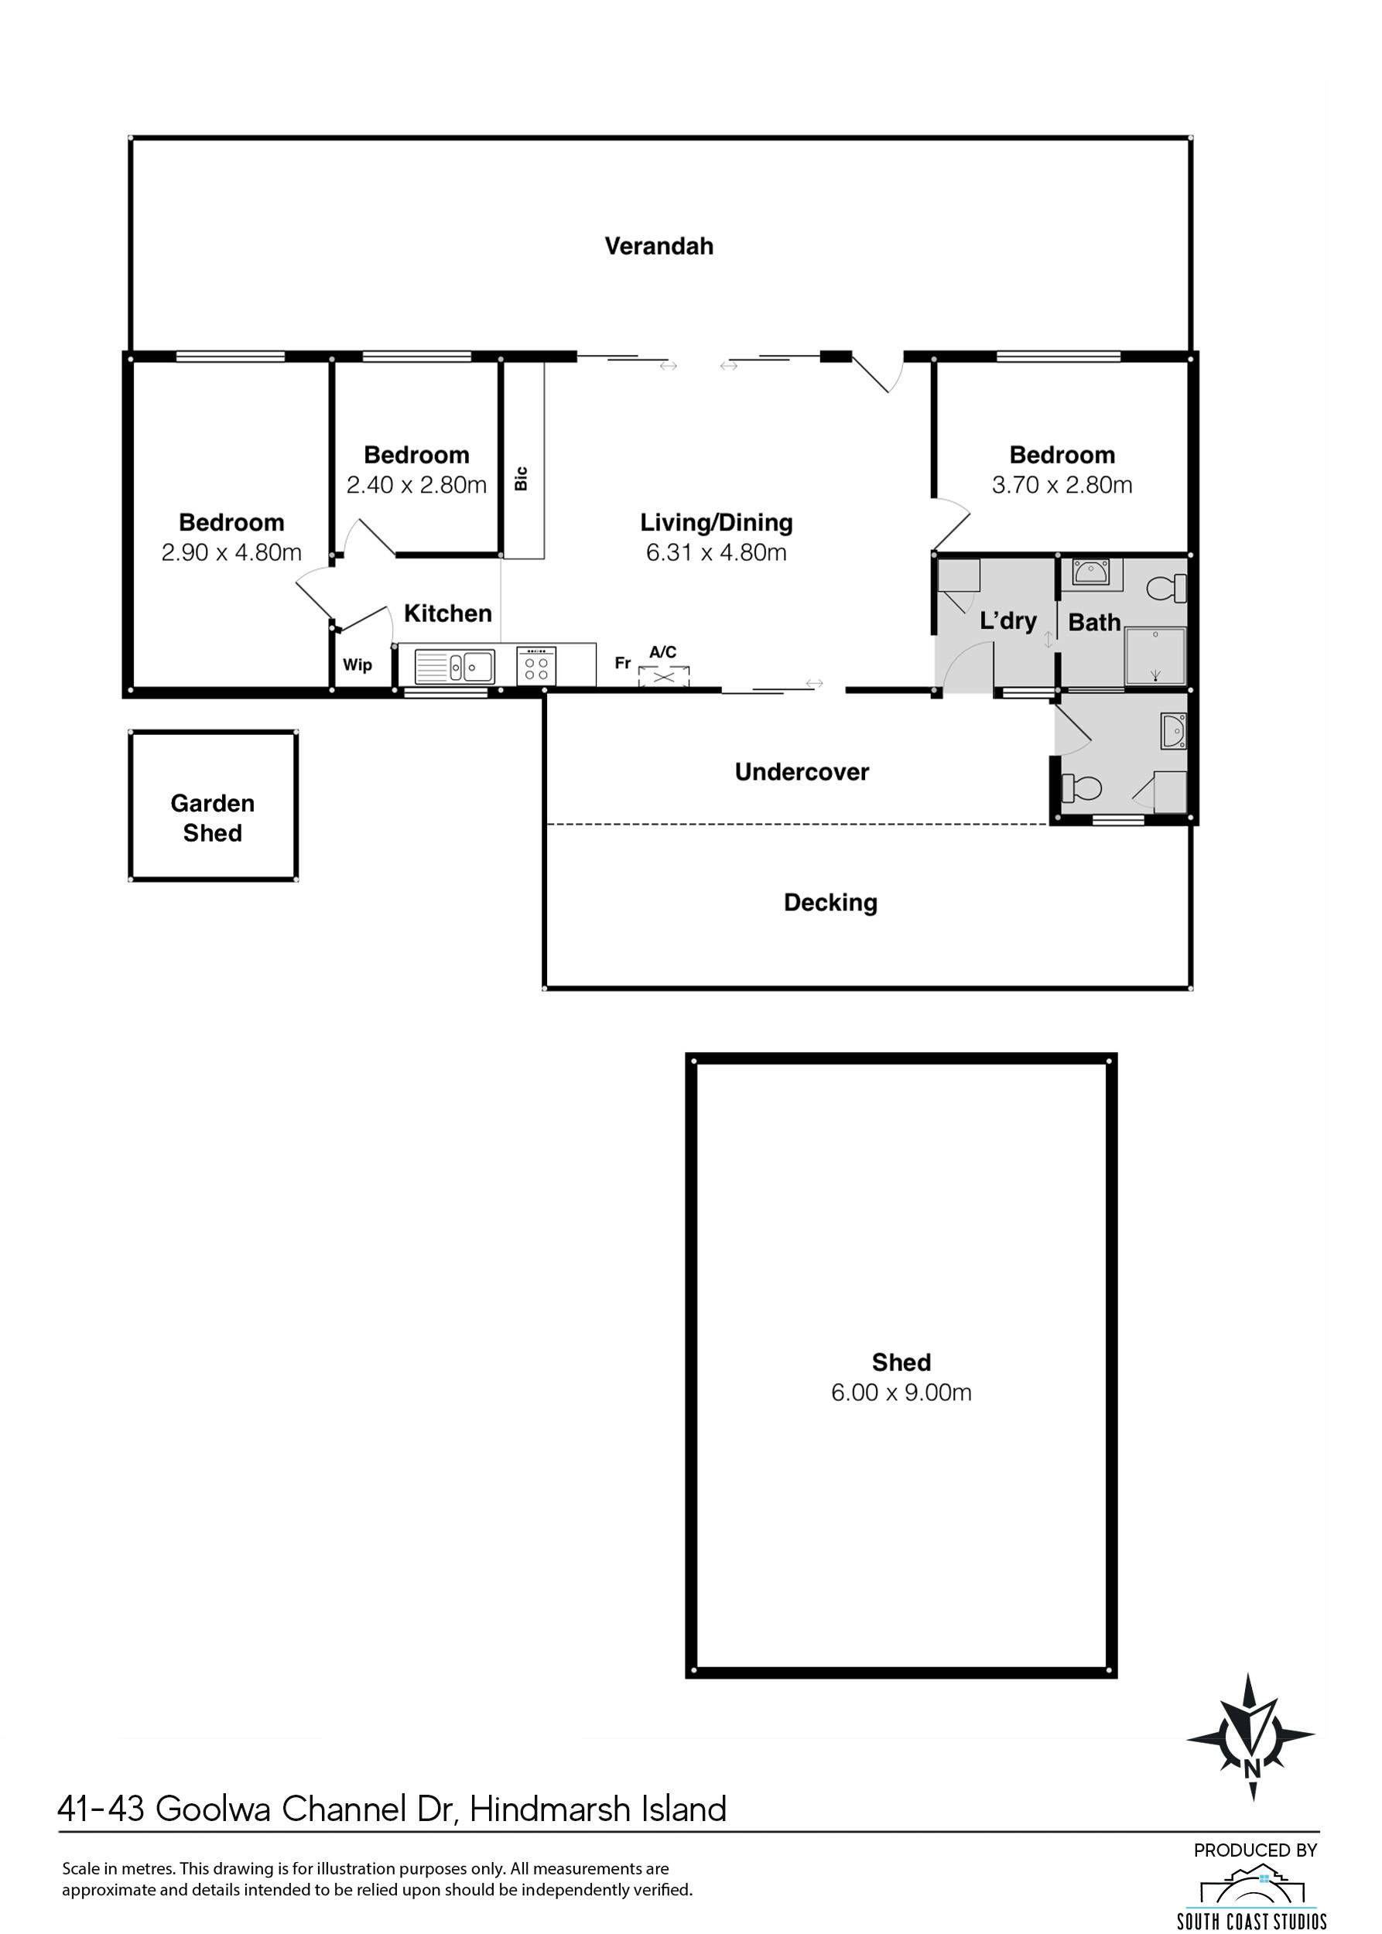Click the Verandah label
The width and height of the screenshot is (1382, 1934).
click(x=659, y=246)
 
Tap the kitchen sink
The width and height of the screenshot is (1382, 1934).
click(x=454, y=665)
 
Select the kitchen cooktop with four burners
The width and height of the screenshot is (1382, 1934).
click(x=536, y=665)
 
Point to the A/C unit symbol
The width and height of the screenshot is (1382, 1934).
click(x=664, y=676)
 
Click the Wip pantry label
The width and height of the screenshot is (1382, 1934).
click(x=357, y=665)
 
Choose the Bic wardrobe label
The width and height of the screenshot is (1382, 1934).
click(x=522, y=478)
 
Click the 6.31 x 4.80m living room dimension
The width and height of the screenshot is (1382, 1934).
click(x=716, y=552)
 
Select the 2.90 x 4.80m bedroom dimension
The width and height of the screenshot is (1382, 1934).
click(x=231, y=552)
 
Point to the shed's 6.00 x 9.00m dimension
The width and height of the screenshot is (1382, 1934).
click(x=901, y=1392)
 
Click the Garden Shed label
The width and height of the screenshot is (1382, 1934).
click(x=213, y=818)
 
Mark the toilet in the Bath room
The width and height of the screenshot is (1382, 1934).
click(x=1166, y=587)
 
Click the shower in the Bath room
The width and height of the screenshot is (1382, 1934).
click(x=1155, y=656)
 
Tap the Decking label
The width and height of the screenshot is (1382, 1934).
click(x=830, y=903)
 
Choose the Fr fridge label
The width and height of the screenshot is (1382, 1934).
click(x=623, y=662)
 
